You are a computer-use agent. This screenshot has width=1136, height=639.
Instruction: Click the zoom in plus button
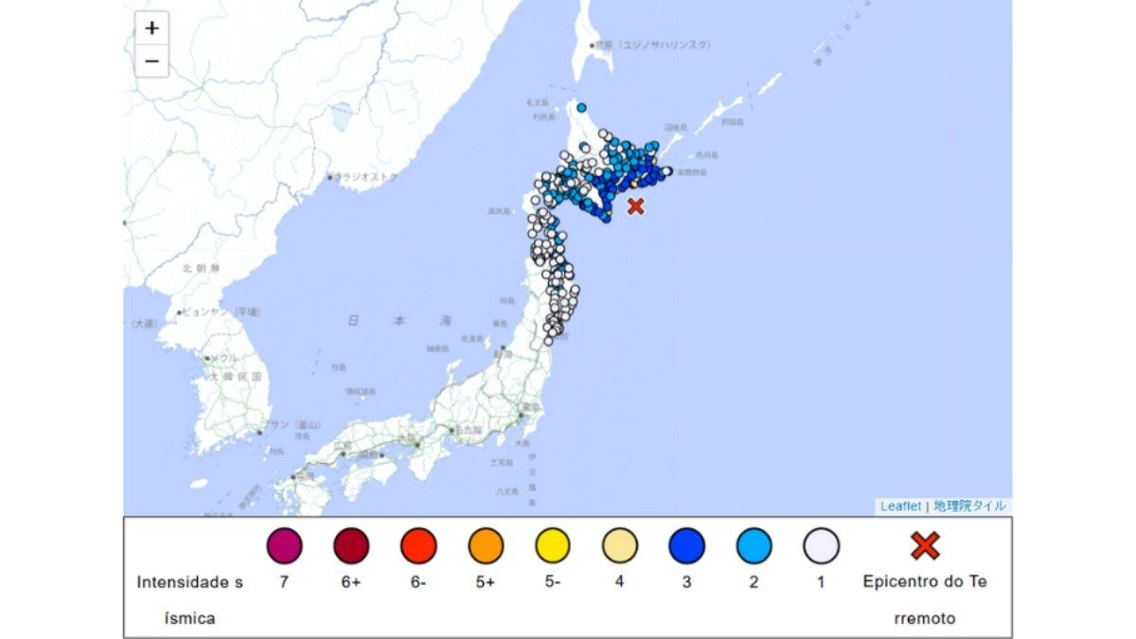click(x=151, y=28)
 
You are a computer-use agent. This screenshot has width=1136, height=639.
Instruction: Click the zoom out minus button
click(x=151, y=62)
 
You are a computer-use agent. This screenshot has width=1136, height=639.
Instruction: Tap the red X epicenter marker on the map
click(x=635, y=205)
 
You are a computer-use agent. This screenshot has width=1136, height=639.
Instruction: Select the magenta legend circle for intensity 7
click(x=284, y=546)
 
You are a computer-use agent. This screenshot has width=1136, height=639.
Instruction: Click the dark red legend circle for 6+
click(x=351, y=546)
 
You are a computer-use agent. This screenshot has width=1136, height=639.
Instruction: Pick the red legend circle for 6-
click(x=418, y=546)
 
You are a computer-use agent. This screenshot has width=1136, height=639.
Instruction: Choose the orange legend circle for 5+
click(x=486, y=546)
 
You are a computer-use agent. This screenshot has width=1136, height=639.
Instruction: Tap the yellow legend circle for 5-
click(x=553, y=546)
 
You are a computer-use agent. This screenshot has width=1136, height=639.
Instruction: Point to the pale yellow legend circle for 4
click(x=620, y=546)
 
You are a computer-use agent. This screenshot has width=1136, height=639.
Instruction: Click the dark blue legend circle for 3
click(x=686, y=546)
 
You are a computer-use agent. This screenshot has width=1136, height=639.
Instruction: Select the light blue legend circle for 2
click(x=754, y=546)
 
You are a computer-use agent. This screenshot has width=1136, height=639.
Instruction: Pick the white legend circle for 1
click(x=821, y=546)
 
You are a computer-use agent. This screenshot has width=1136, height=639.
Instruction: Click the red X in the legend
click(x=924, y=545)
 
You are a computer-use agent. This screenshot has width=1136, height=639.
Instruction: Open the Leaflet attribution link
click(x=900, y=506)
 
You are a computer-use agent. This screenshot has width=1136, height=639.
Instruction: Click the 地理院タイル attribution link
click(x=969, y=506)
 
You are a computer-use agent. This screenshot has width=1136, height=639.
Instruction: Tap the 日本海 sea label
click(x=398, y=322)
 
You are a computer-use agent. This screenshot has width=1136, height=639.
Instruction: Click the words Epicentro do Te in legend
click(x=924, y=581)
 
